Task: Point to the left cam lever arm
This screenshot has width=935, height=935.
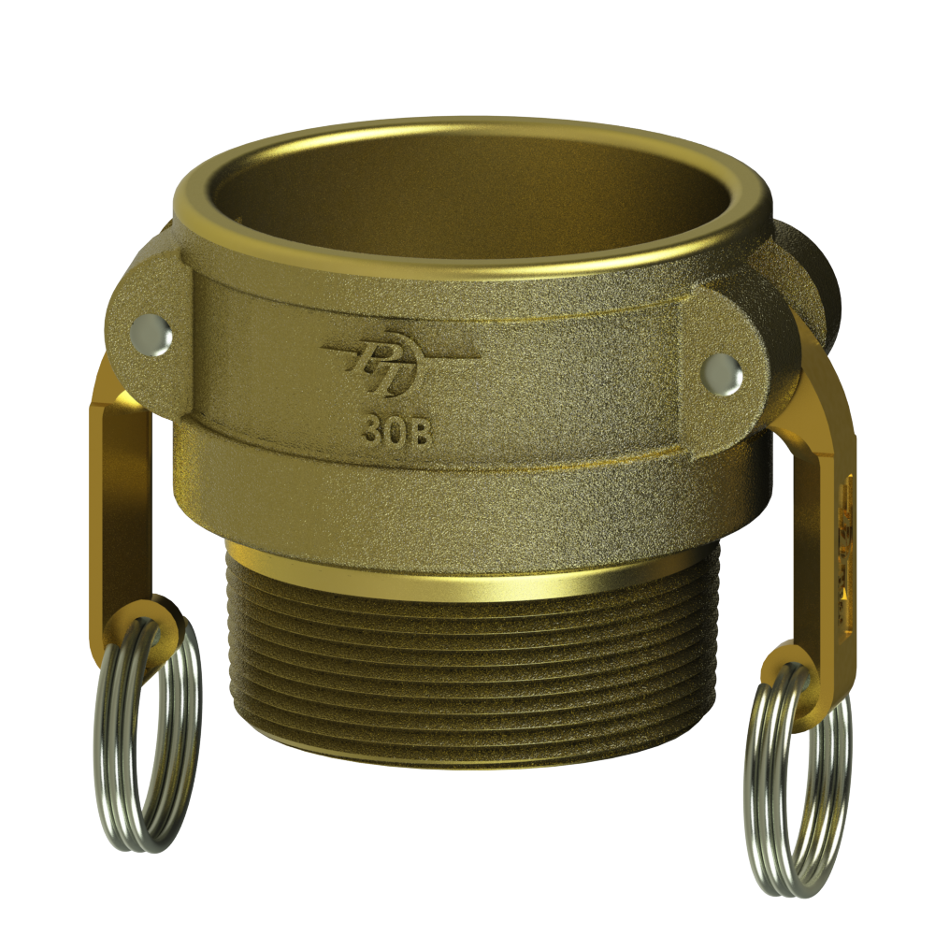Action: click(x=122, y=486)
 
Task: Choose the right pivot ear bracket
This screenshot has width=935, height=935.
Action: click(x=729, y=365)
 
